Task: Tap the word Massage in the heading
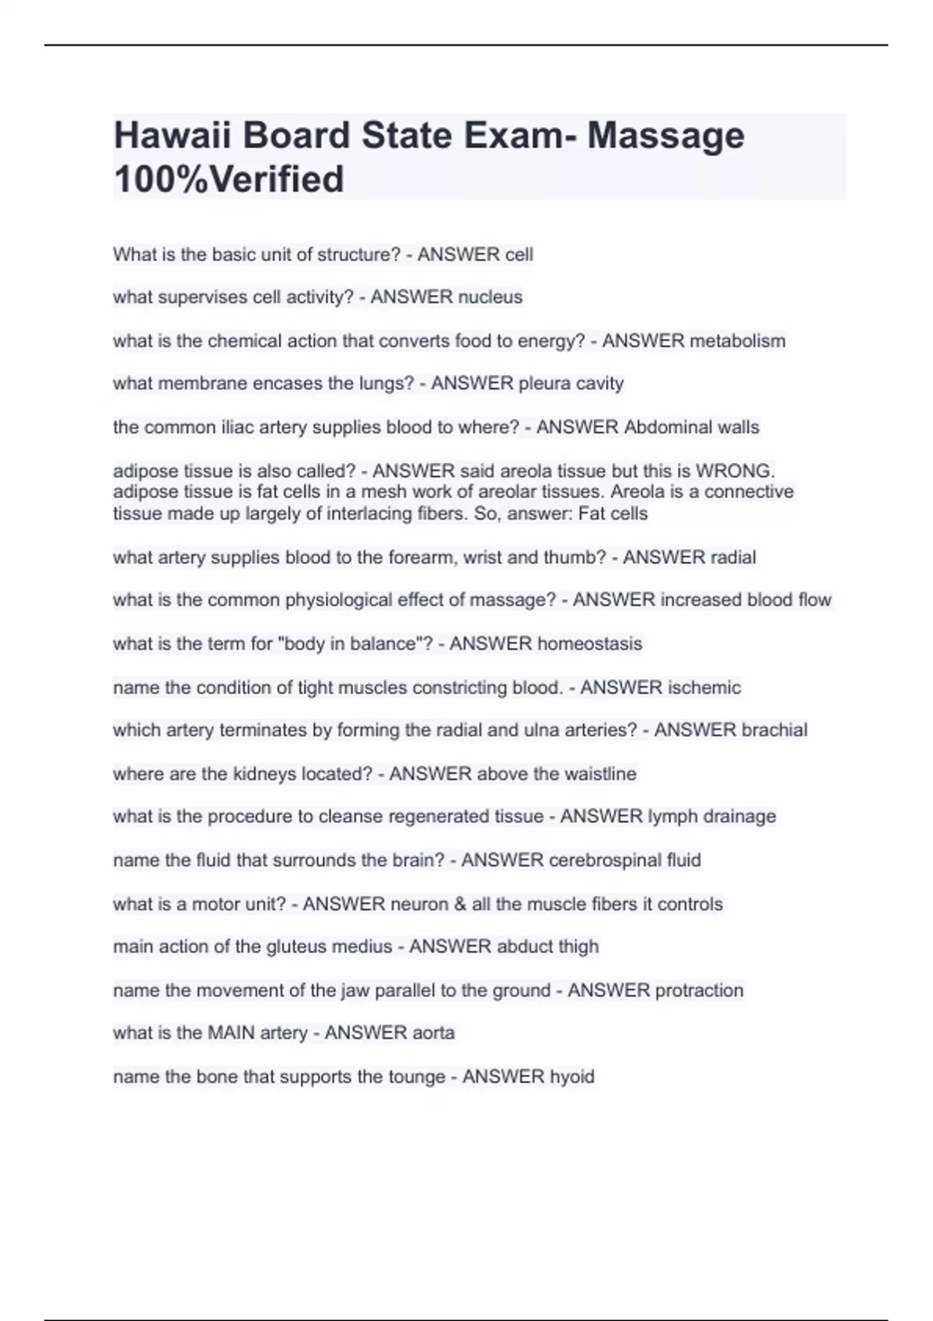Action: (x=666, y=136)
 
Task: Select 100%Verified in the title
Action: (x=229, y=180)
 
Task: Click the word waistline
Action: (x=600, y=773)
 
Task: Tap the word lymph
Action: (x=671, y=816)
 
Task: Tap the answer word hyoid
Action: (x=571, y=1076)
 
